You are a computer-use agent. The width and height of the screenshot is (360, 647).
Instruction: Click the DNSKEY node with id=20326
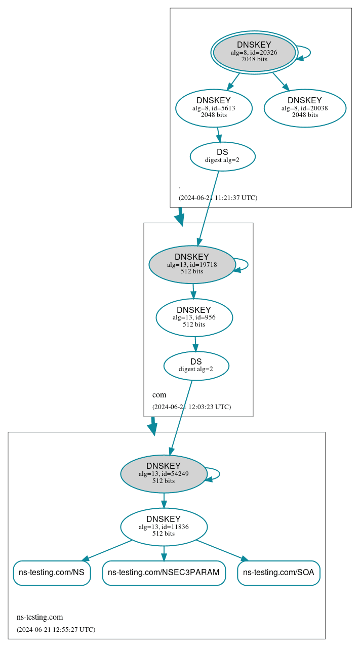[x=254, y=53]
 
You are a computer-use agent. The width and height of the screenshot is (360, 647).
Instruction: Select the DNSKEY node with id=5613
[x=214, y=108]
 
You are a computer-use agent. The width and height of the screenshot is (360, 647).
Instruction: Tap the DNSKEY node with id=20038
[x=305, y=108]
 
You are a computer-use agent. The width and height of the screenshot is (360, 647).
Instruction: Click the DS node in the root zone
[x=222, y=156]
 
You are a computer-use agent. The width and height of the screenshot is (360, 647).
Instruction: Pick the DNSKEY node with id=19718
[x=192, y=264]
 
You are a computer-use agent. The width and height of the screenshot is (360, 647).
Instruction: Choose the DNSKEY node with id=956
[x=194, y=317]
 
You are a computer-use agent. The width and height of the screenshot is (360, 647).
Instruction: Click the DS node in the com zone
[x=196, y=366]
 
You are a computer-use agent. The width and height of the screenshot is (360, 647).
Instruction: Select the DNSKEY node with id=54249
[x=164, y=474]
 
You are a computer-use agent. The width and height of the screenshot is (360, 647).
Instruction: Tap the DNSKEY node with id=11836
[x=164, y=527]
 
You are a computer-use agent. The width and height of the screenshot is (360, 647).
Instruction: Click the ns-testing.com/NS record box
[x=52, y=573]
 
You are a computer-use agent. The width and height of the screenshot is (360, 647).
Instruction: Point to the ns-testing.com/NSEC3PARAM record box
[x=164, y=573]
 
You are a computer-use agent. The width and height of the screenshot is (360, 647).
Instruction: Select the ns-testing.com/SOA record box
[x=278, y=573]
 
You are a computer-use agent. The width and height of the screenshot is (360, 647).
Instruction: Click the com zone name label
[x=159, y=395]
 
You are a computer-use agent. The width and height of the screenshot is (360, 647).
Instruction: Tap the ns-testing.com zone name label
[x=39, y=617]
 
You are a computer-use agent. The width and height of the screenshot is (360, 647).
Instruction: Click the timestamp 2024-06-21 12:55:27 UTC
[x=56, y=630]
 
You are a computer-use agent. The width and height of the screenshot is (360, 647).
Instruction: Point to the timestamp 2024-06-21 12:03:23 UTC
[x=191, y=407]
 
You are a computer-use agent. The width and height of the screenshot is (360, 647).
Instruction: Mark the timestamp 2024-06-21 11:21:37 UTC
[x=218, y=198]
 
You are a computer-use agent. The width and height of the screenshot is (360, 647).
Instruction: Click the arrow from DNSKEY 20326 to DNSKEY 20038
[x=280, y=81]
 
